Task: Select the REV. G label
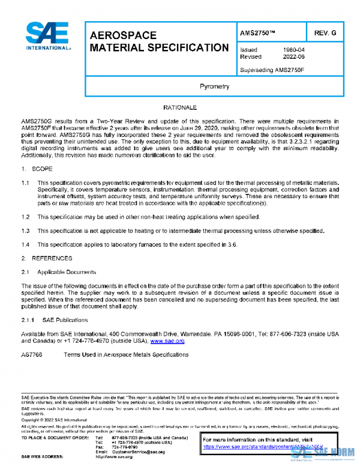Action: point(325,32)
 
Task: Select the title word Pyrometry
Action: point(214,86)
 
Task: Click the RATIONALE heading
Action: point(179,107)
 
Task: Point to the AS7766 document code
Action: point(32,355)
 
